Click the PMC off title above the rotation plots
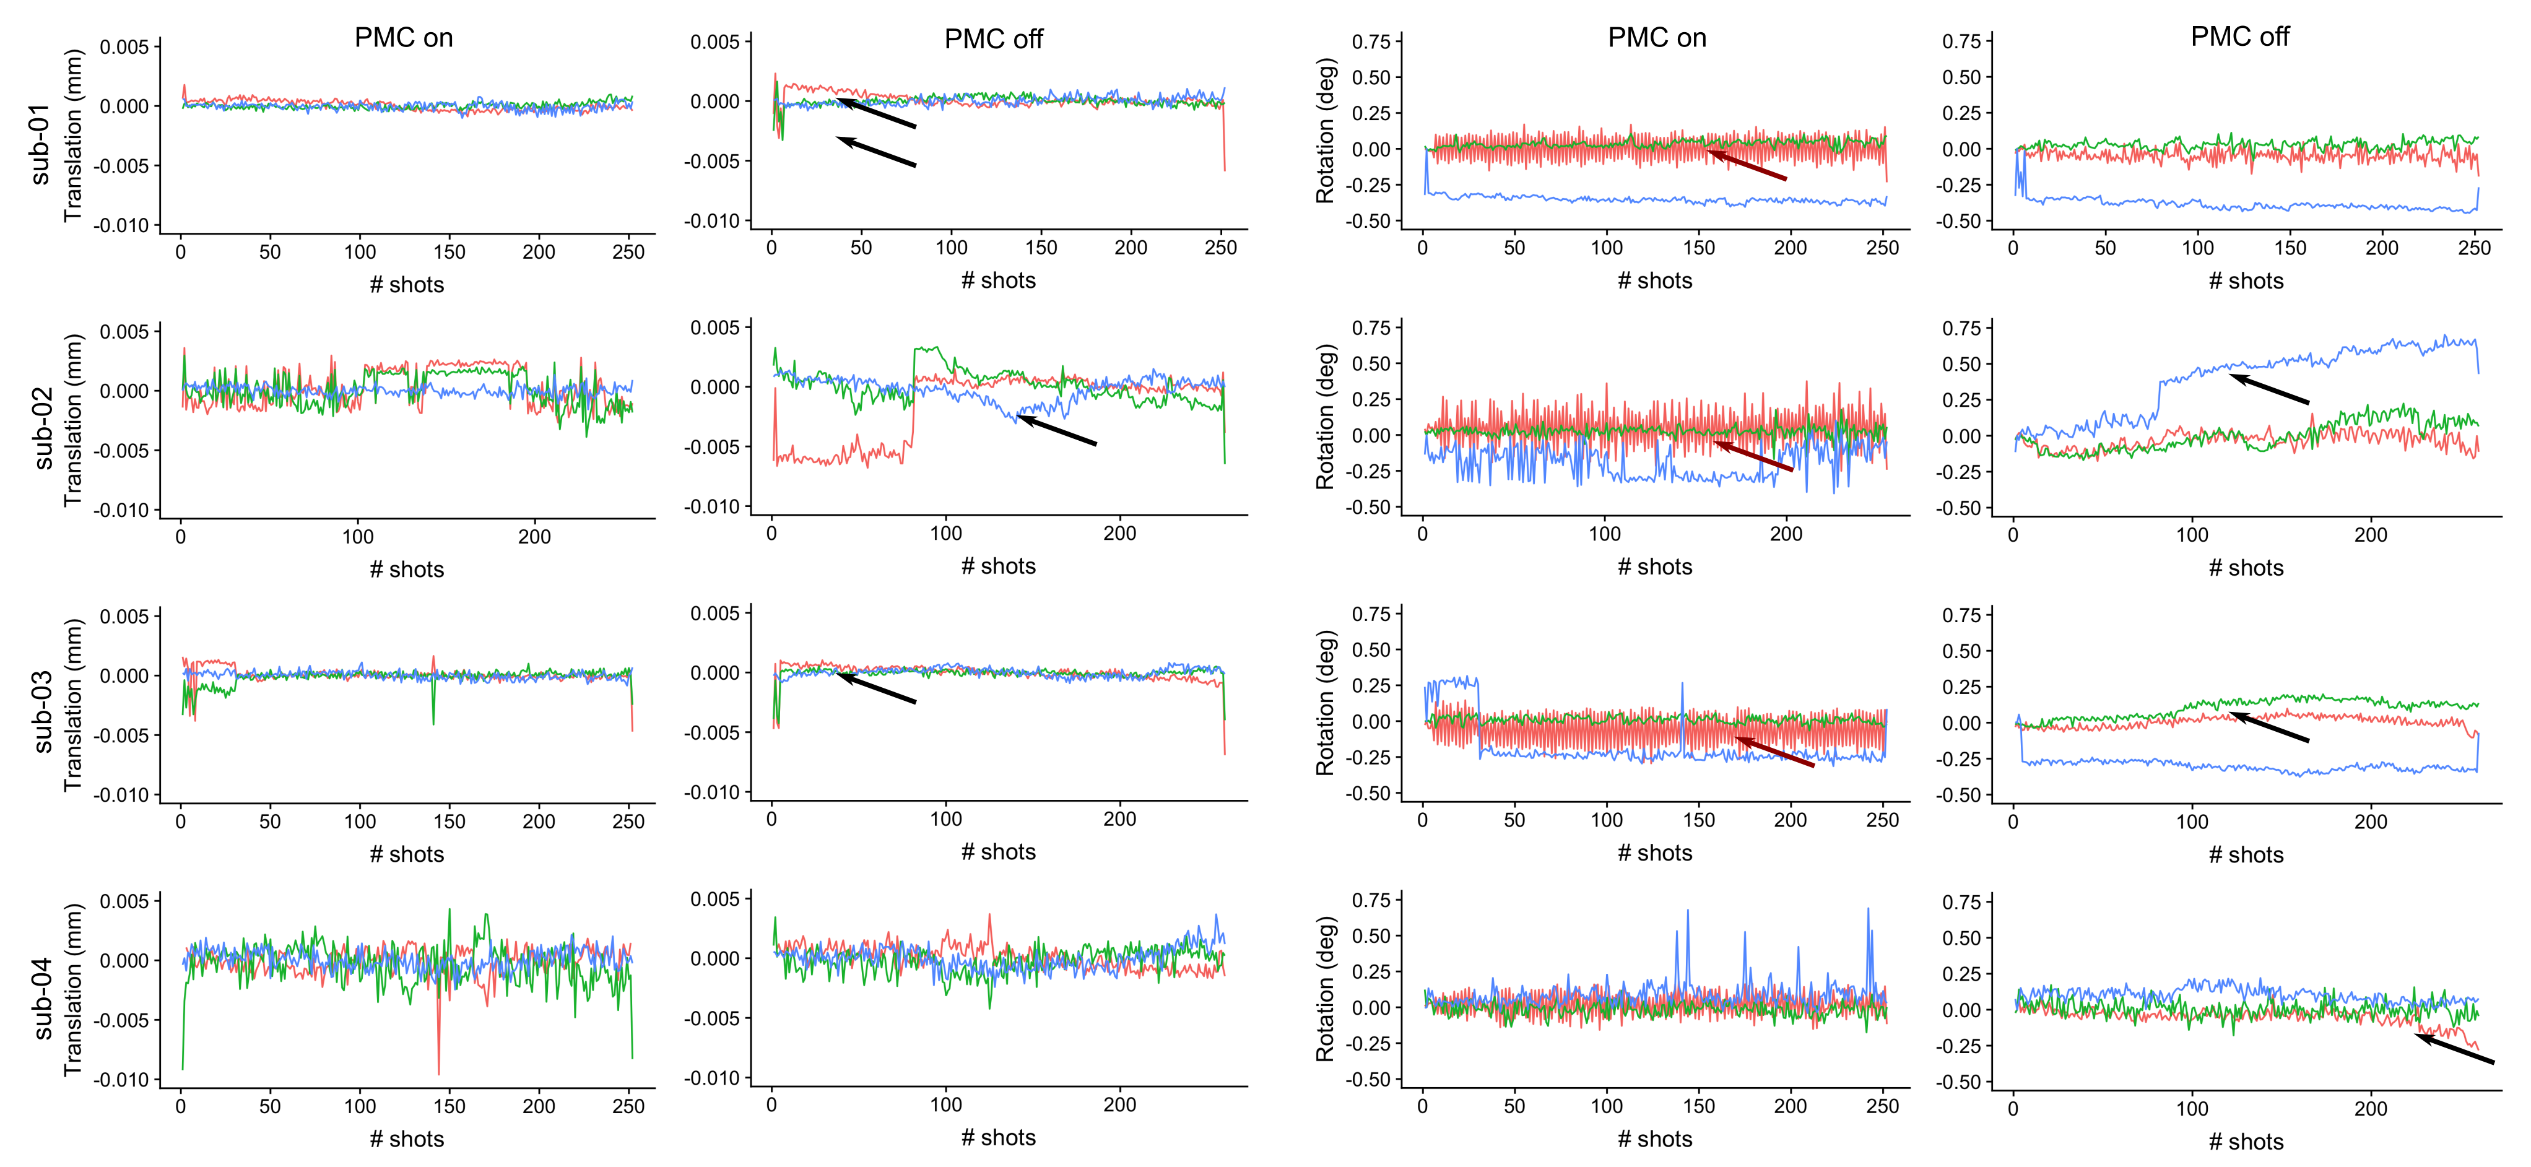pyautogui.click(x=2239, y=37)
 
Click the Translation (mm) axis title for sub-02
pyautogui.click(x=72, y=420)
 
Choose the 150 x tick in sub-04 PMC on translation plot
pyautogui.click(x=449, y=1106)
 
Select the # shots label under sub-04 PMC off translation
pyautogui.click(x=997, y=1137)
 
